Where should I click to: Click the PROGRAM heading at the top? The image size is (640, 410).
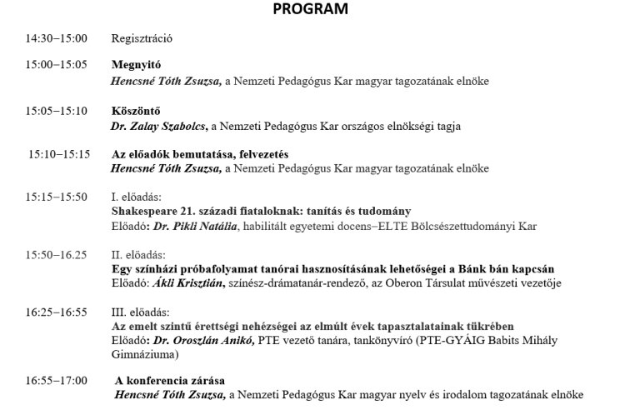tap(319, 11)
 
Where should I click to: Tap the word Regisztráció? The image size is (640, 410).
tap(142, 38)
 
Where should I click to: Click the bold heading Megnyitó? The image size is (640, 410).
tap(136, 64)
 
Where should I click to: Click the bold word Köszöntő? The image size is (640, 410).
tap(136, 111)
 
